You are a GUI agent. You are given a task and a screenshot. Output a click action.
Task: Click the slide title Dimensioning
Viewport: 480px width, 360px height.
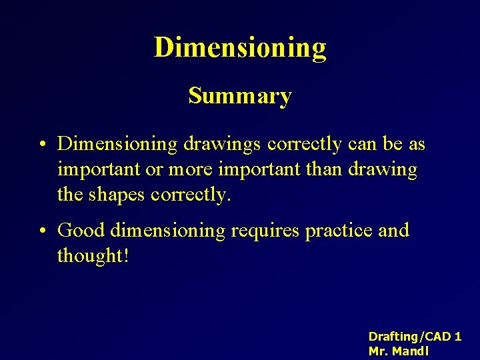pyautogui.click(x=240, y=48)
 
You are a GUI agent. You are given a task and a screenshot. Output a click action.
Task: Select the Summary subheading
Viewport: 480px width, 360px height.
pyautogui.click(x=240, y=96)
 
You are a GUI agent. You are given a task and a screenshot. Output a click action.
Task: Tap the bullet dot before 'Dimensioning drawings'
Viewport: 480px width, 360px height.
pyautogui.click(x=42, y=144)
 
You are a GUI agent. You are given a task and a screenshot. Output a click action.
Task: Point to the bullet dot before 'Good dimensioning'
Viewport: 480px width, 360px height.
pyautogui.click(x=42, y=231)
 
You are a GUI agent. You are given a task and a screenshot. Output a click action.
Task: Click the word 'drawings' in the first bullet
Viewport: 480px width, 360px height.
pyautogui.click(x=221, y=145)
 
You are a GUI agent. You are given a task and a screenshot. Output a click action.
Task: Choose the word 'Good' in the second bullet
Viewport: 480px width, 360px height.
pyautogui.click(x=82, y=231)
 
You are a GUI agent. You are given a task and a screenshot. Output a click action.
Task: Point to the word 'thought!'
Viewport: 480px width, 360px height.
pyautogui.click(x=93, y=256)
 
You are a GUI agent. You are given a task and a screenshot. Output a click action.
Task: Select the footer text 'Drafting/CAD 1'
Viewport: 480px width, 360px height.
pyautogui.click(x=415, y=337)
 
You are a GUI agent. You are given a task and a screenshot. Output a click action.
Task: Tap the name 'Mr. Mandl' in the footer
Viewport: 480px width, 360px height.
pyautogui.click(x=399, y=351)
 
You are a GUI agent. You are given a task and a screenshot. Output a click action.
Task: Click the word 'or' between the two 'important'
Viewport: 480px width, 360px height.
pyautogui.click(x=155, y=170)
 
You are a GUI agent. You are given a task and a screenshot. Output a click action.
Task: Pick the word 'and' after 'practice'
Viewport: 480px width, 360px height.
pyautogui.click(x=393, y=231)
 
